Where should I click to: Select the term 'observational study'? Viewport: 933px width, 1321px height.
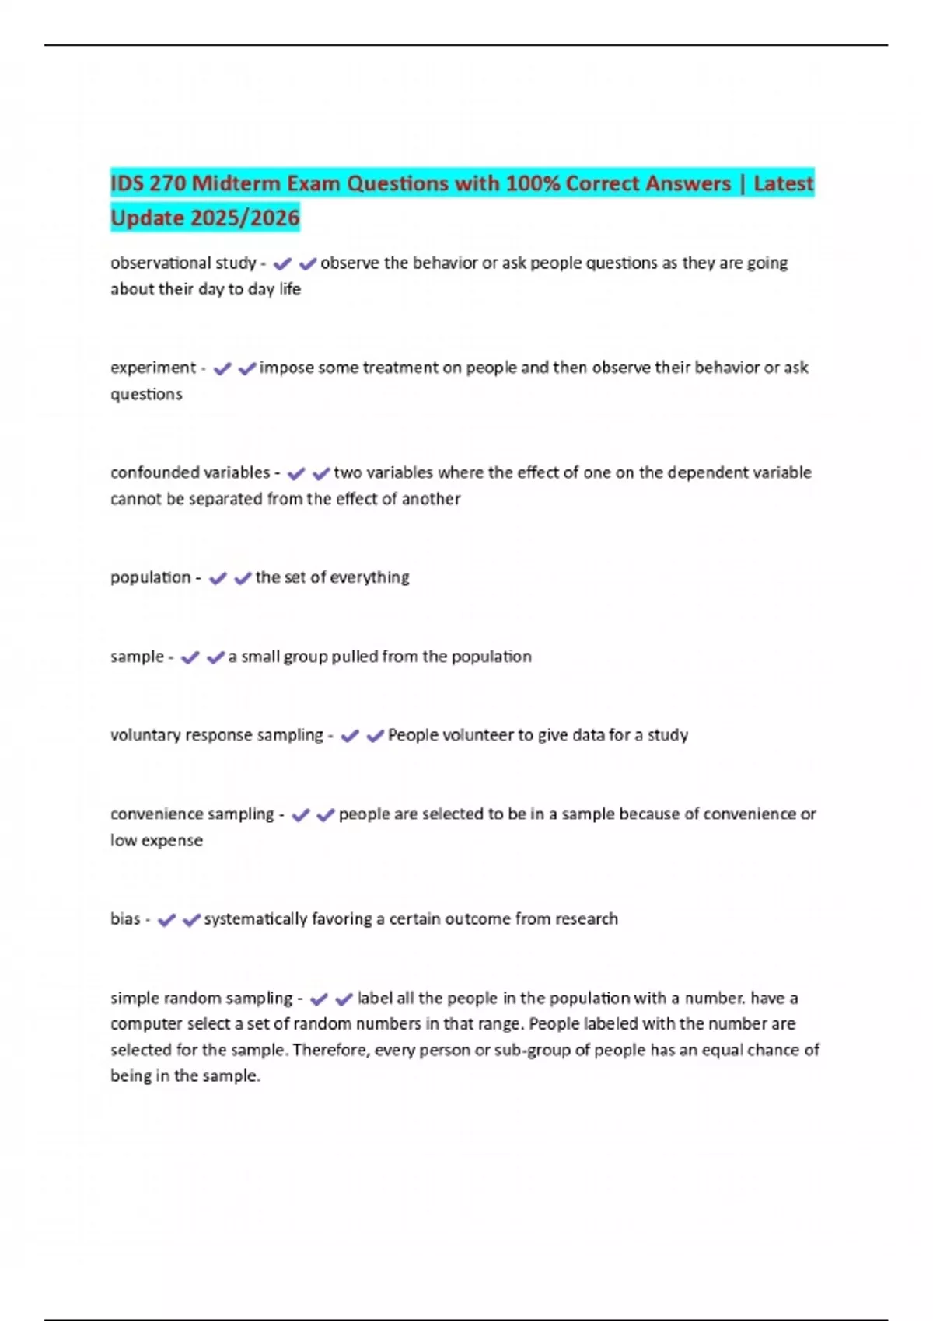183,263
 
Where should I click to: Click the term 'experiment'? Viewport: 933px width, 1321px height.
153,368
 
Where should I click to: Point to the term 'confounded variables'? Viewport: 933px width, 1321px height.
190,472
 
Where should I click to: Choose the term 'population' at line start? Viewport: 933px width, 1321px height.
150,577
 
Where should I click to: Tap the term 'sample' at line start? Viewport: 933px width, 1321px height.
137,657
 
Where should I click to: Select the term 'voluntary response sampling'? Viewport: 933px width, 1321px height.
216,735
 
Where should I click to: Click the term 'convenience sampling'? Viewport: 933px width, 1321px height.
192,814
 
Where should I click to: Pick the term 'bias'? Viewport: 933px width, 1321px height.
125,919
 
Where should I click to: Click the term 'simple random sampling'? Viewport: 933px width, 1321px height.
201,998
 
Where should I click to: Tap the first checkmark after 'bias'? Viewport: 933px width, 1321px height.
166,920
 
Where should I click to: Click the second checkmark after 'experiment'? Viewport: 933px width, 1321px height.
247,368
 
